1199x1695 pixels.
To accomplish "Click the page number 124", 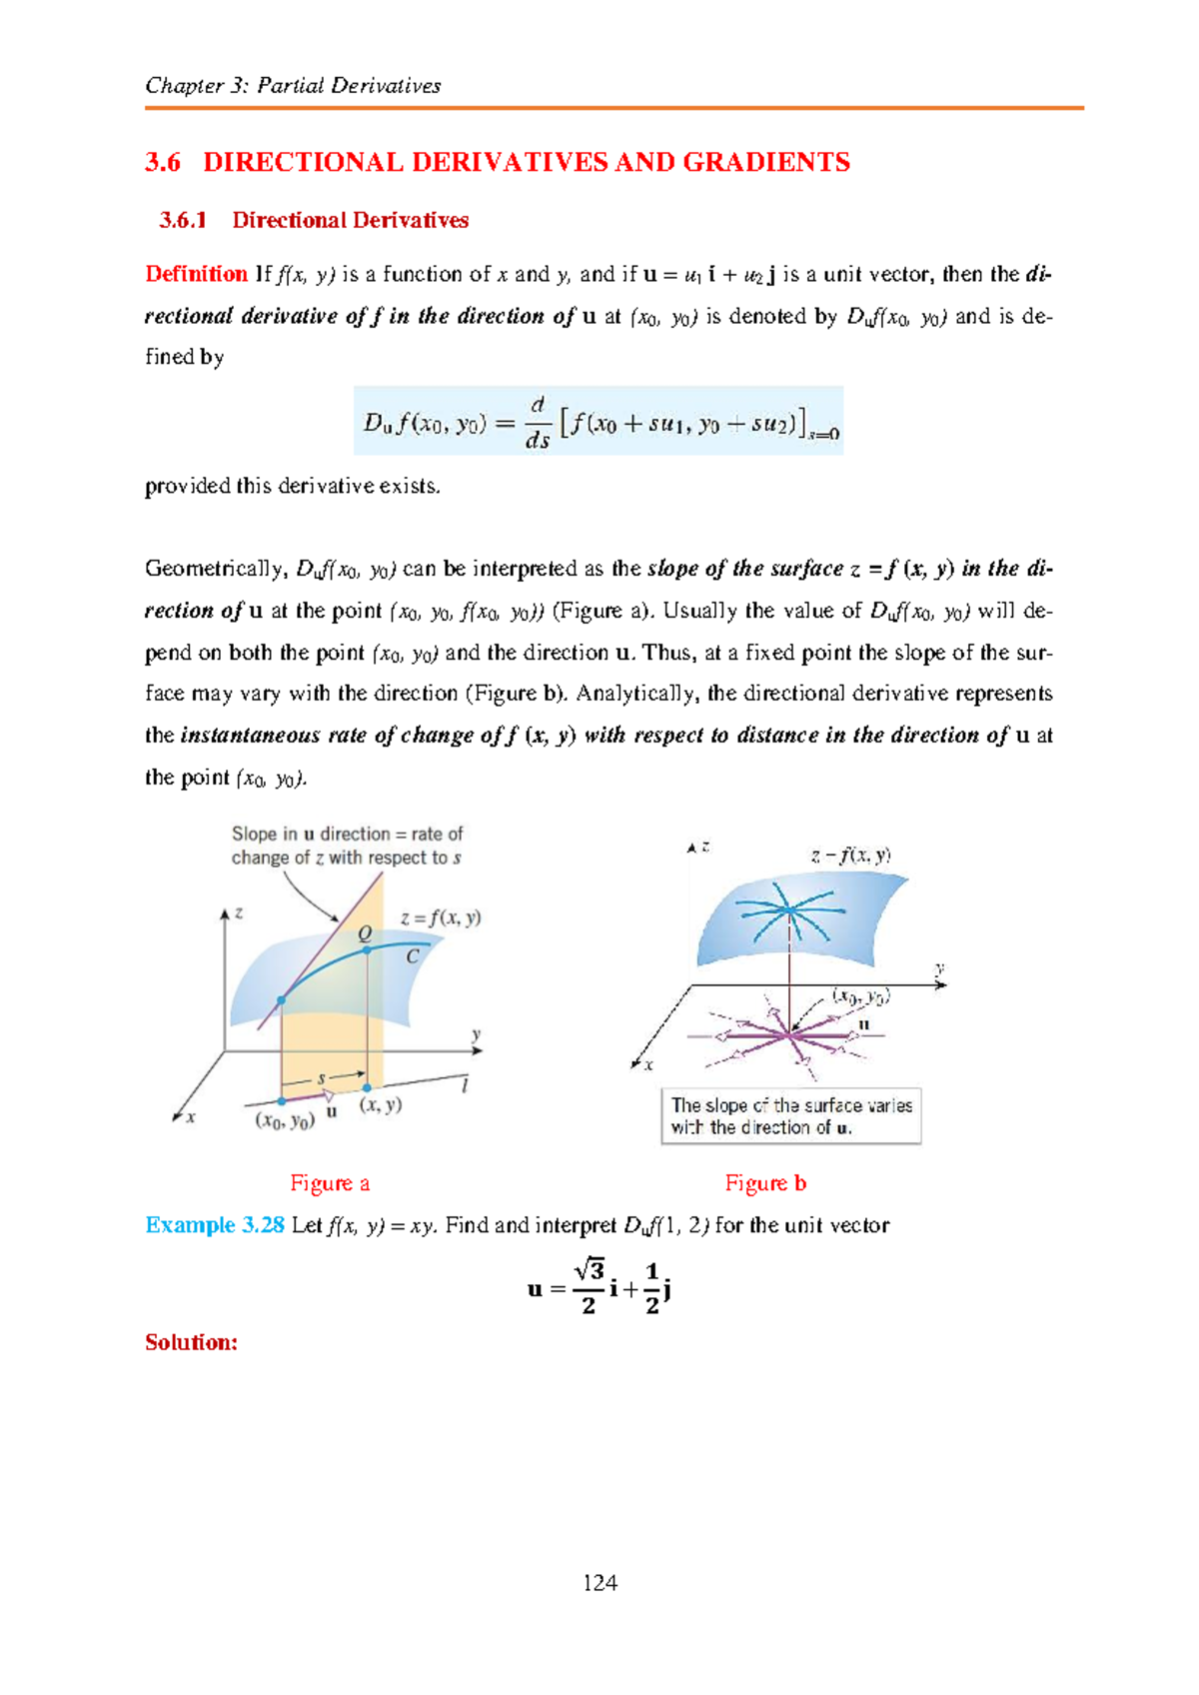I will tap(599, 1583).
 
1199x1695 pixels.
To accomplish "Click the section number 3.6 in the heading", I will tap(163, 163).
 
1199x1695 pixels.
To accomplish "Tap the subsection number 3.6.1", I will tap(183, 221).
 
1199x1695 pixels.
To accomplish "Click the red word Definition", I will tap(196, 274).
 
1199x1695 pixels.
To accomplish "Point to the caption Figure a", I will tap(330, 1183).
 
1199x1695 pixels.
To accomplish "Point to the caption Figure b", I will tap(765, 1183).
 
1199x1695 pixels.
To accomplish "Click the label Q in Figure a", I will tap(365, 932).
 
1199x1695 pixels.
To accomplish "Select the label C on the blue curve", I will tap(412, 956).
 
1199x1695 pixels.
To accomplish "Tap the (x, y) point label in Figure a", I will tap(381, 1105).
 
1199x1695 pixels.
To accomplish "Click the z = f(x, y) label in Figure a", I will tap(441, 917).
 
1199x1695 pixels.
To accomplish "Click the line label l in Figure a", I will tap(465, 1085).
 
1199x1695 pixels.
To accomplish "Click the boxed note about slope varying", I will tap(790, 1116).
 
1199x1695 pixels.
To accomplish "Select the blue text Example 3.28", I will tap(215, 1225).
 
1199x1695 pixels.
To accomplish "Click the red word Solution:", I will tap(192, 1342).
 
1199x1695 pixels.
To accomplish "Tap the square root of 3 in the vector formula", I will tap(589, 1270).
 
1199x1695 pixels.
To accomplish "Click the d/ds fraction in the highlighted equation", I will tap(538, 422).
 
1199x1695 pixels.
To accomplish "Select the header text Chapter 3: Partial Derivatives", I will tap(293, 86).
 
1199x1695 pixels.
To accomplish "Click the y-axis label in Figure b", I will tap(939, 967).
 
